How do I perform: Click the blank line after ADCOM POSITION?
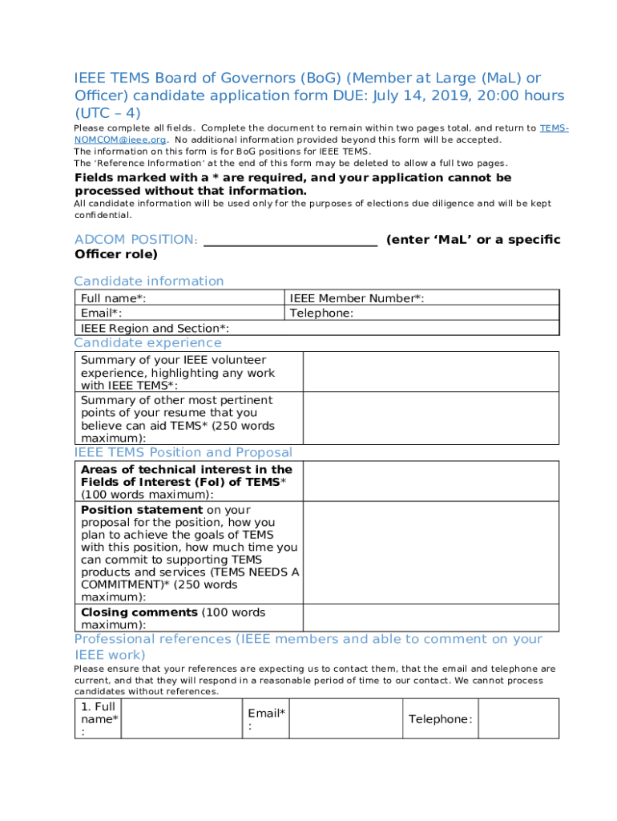tap(290, 240)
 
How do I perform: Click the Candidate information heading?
tap(149, 281)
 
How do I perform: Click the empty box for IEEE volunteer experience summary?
tap(429, 372)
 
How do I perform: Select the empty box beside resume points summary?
tap(429, 418)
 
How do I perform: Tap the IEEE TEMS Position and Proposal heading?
tap(183, 452)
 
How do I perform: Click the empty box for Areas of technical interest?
tap(429, 481)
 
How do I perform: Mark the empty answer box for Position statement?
tap(429, 553)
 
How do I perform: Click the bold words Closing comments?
tap(139, 613)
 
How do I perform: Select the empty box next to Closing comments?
tap(429, 617)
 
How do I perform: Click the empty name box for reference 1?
tap(181, 719)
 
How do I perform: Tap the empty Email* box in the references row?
tap(345, 719)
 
